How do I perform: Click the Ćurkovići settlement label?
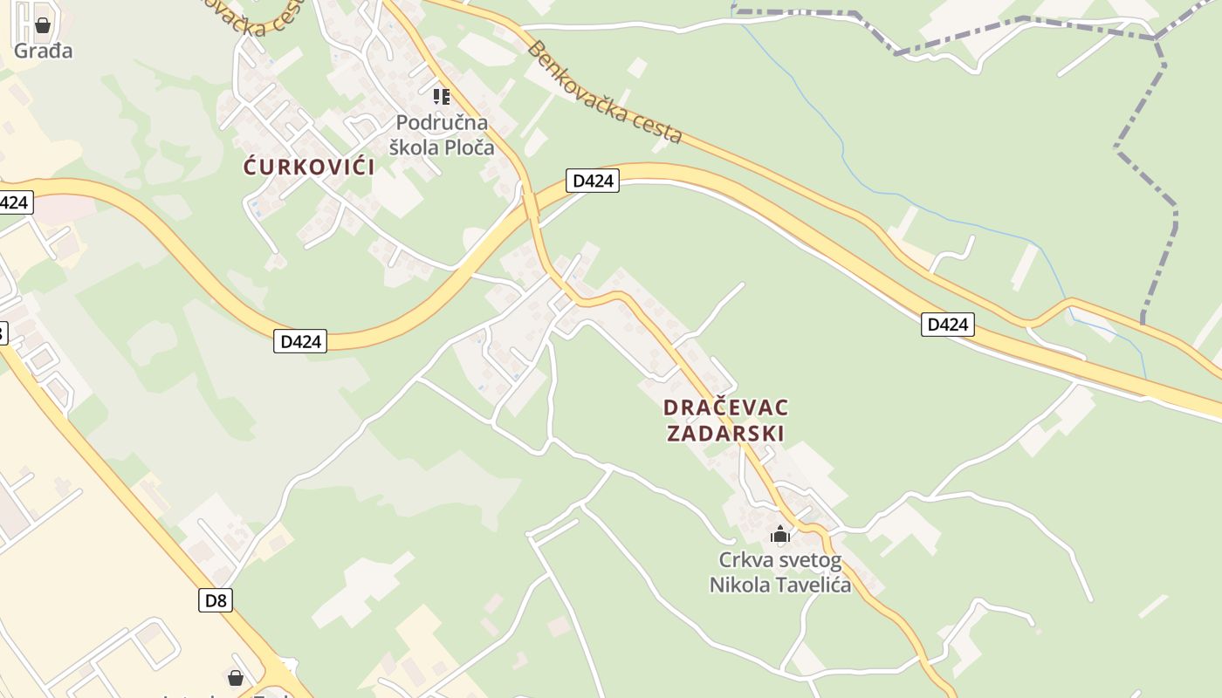pyautogui.click(x=309, y=167)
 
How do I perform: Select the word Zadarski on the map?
pyautogui.click(x=725, y=433)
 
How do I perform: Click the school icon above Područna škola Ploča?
pyautogui.click(x=442, y=96)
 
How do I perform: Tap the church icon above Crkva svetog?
pyautogui.click(x=780, y=534)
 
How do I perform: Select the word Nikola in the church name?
pyautogui.click(x=739, y=585)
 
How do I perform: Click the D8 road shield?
pyautogui.click(x=216, y=600)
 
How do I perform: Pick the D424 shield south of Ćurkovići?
pyautogui.click(x=301, y=341)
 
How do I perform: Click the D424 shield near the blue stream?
pyautogui.click(x=947, y=325)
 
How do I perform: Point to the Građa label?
pyautogui.click(x=43, y=51)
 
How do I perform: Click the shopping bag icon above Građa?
pyautogui.click(x=43, y=25)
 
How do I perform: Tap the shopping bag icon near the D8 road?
pyautogui.click(x=235, y=677)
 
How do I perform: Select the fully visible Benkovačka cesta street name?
pyautogui.click(x=604, y=92)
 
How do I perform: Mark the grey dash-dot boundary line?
pyautogui.click(x=1135, y=131)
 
